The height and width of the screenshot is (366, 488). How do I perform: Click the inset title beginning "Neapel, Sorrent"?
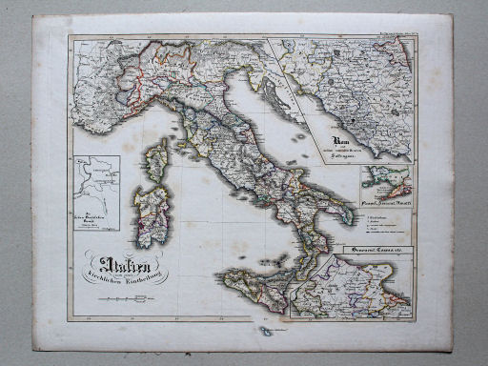pos(385,201)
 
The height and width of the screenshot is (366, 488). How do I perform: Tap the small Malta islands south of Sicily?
pos(267,332)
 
